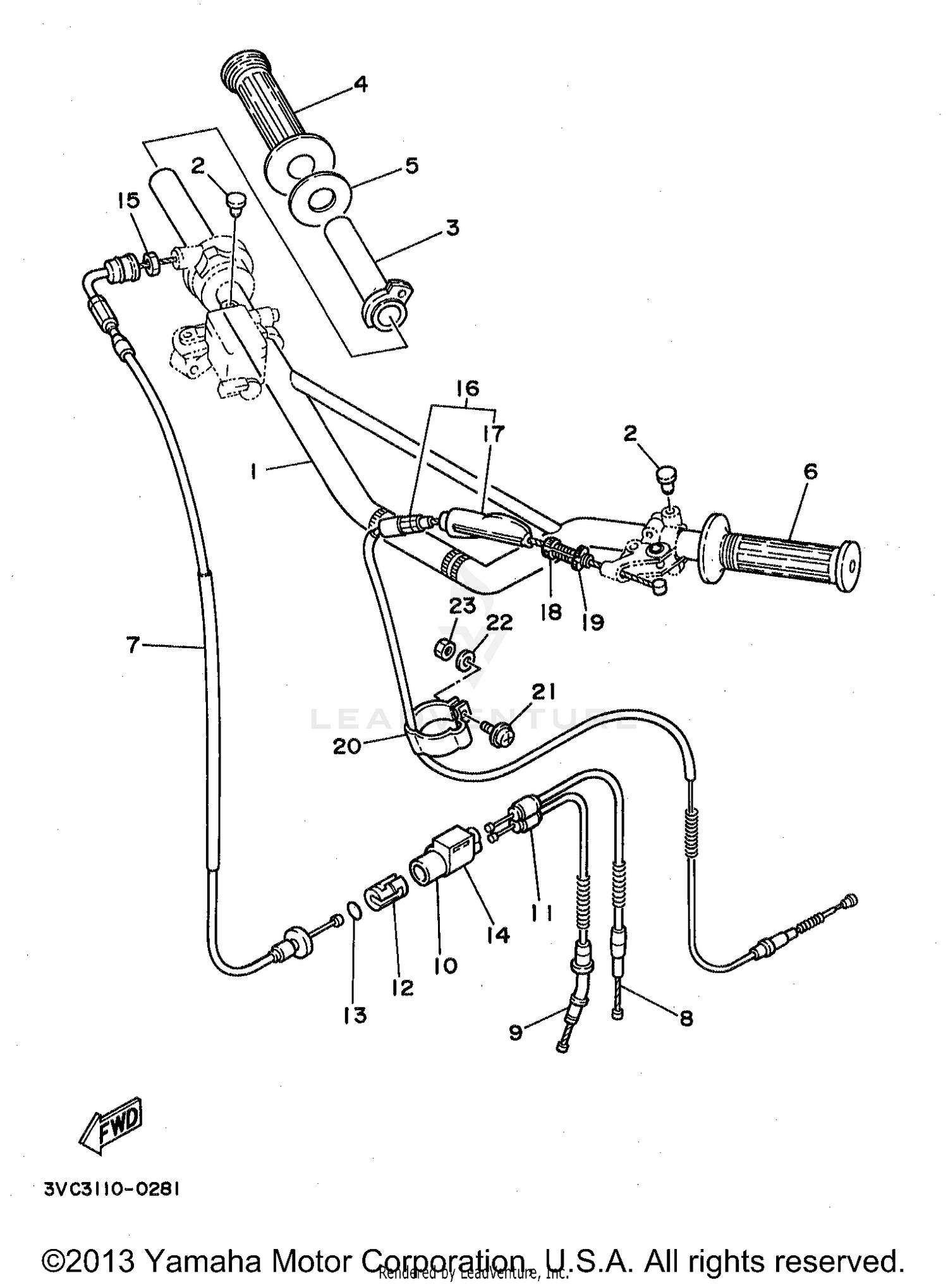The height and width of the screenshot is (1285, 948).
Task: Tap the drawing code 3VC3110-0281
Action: [112, 1189]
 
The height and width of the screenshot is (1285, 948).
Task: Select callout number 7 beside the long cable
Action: [132, 645]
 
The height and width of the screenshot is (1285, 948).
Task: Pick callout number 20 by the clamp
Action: [347, 746]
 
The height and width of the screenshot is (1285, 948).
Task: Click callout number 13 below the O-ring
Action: [355, 1015]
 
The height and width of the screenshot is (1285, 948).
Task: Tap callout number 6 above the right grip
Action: [810, 471]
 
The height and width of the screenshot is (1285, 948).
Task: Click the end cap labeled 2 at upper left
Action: [236, 203]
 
